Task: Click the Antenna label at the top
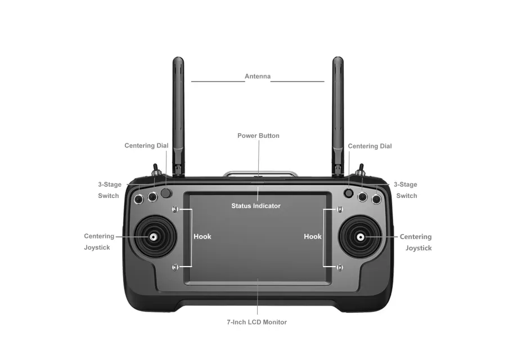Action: coord(258,76)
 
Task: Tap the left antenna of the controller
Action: coord(178,112)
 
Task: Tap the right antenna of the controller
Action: coord(337,112)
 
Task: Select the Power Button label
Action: coord(258,136)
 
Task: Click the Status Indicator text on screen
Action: coord(256,206)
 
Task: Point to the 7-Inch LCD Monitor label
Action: coord(256,322)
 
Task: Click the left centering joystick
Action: coord(152,237)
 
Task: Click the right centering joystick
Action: coord(360,237)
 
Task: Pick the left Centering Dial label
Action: coord(146,146)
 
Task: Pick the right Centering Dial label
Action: coord(370,146)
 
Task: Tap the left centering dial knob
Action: coord(166,193)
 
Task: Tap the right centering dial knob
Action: coord(349,193)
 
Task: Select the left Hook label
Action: coord(202,237)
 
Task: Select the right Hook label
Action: coord(313,237)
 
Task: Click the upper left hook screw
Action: coord(175,209)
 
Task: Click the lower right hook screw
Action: coord(339,267)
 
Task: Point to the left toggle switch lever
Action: coord(154,169)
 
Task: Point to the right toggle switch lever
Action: coord(362,169)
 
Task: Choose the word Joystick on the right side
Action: coord(418,248)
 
